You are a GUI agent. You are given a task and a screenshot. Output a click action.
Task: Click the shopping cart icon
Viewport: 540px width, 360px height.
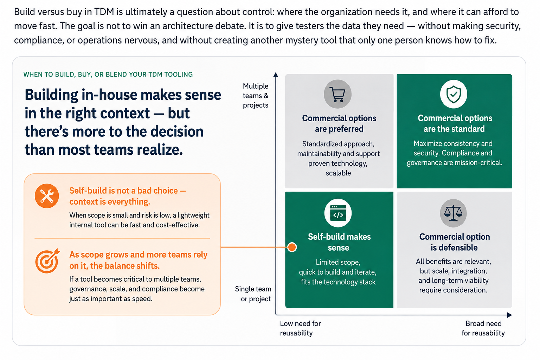[337, 94]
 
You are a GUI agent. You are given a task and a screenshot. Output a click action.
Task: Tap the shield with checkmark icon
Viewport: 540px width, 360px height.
[454, 94]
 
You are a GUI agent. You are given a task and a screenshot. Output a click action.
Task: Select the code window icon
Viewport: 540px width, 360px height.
[338, 213]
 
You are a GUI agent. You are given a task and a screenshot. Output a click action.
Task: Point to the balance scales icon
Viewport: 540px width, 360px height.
[453, 213]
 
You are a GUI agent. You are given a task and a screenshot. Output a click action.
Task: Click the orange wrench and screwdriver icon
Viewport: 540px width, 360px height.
[47, 196]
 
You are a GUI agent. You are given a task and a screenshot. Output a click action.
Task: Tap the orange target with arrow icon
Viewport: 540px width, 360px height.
[47, 261]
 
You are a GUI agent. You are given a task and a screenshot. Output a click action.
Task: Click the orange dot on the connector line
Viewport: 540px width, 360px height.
[292, 247]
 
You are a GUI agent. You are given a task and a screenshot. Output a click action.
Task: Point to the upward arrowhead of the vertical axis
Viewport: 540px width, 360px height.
[276, 75]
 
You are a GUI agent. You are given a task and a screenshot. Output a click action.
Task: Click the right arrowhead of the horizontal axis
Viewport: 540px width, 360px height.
[509, 315]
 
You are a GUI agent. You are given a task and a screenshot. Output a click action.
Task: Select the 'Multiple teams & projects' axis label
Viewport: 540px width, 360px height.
[256, 96]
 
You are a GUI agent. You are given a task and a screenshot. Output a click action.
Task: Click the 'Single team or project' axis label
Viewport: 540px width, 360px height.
[253, 294]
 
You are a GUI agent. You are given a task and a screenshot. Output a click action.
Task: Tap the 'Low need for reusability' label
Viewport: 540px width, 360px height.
[300, 328]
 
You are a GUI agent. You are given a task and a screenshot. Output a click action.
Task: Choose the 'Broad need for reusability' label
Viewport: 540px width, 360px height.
[483, 328]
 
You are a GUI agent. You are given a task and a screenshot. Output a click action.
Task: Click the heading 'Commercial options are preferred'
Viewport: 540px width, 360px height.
[339, 123]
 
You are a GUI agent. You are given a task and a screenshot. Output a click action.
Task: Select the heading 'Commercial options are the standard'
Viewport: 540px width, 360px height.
[455, 123]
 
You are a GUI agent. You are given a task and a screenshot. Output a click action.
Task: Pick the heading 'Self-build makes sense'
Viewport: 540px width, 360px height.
[339, 242]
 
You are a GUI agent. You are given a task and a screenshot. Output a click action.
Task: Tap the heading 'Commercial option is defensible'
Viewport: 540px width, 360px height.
[455, 242]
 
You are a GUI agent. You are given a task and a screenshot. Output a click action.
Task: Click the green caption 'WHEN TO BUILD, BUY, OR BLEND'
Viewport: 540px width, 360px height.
[76, 75]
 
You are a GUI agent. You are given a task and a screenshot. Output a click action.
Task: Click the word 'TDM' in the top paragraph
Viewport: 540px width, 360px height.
[104, 12]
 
